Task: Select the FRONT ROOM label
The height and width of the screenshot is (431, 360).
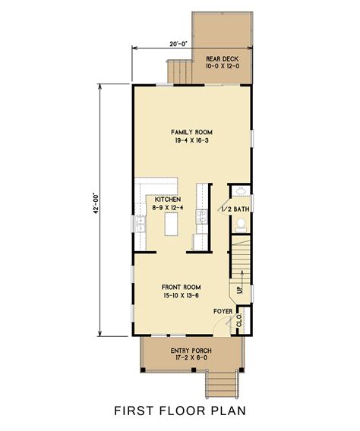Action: pos(182,288)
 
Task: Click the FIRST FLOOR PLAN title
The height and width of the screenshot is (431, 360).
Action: pos(180,412)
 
